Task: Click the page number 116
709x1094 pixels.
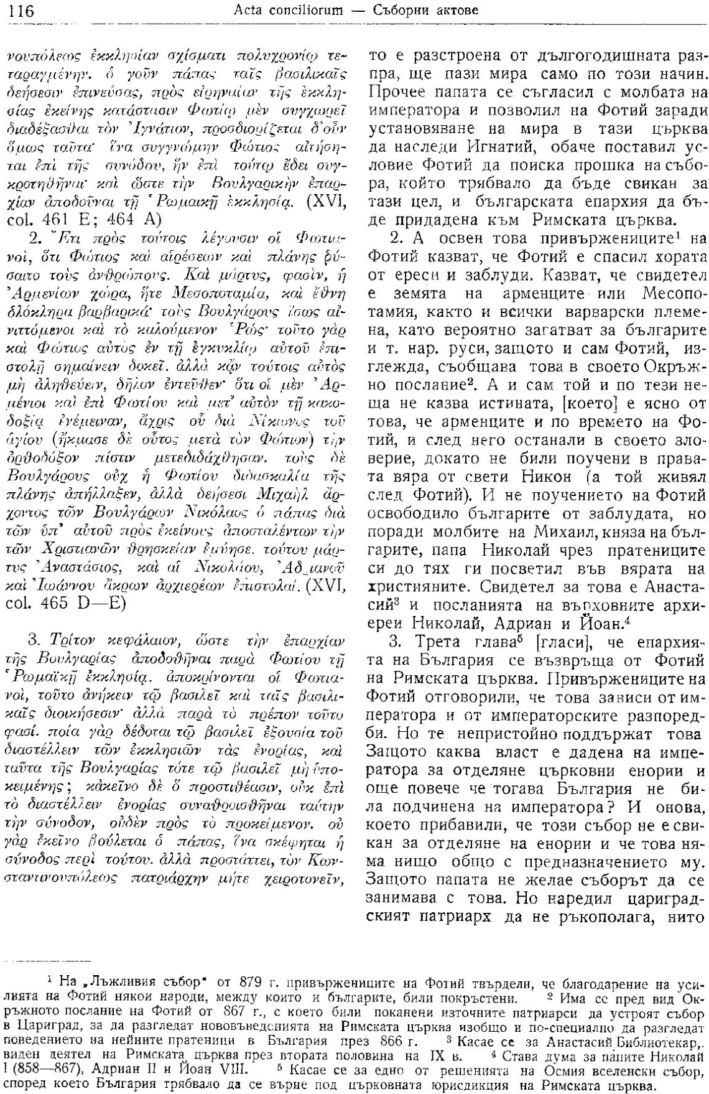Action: (x=22, y=11)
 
